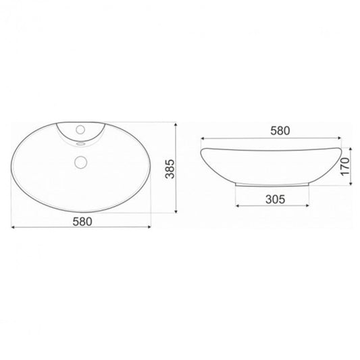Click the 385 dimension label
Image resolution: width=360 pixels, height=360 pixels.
coord(170,169)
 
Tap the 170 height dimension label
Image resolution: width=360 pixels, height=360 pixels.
coord(345,166)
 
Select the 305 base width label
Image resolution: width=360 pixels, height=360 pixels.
coord(276,199)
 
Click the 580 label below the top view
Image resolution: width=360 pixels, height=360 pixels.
coord(82,222)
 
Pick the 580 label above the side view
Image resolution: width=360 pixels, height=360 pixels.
coord(280,131)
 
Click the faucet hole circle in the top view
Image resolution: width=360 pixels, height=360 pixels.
coord(80,130)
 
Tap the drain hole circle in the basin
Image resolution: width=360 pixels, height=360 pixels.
coord(80,162)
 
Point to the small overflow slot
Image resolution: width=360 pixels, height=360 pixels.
coord(81,144)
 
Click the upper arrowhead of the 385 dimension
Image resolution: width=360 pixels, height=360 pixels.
coord(176,124)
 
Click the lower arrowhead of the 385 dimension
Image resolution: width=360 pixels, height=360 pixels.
coord(176,211)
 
